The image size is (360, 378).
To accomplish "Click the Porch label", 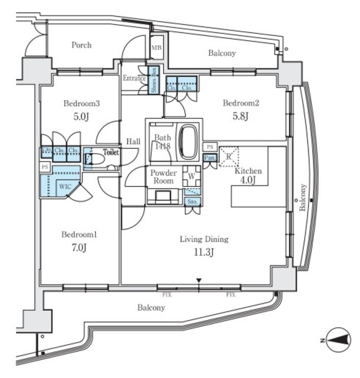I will (81, 45).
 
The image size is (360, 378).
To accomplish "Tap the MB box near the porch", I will (156, 48).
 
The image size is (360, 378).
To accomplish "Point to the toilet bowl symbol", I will (90, 159).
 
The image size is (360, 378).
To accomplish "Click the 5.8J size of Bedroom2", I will (240, 116).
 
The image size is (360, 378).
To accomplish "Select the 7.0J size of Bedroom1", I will (80, 247).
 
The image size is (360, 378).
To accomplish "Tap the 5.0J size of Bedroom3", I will (81, 116).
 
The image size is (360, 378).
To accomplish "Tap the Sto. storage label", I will (192, 201).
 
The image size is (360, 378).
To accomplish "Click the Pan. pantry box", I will (209, 158).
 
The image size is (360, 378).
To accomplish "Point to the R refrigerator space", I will (228, 157).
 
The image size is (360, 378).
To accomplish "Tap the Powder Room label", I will (163, 177).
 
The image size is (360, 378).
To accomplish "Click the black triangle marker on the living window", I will (199, 280).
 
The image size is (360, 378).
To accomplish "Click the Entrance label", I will (134, 79).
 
